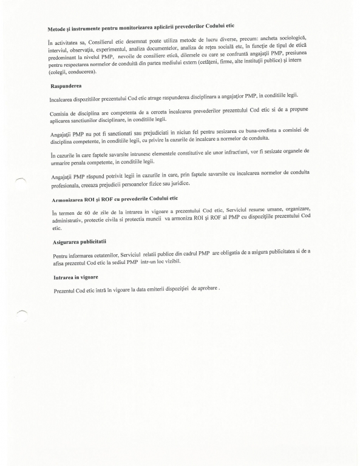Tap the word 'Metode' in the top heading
pos(58,30)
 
